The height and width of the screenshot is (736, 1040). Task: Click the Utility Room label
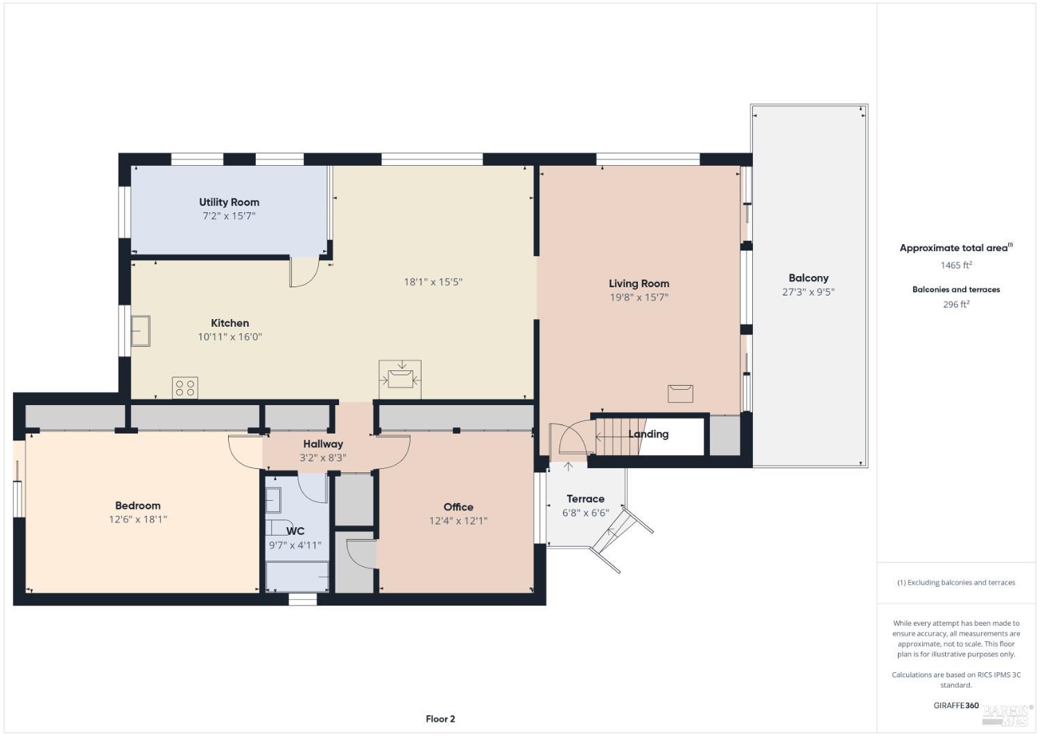[229, 202]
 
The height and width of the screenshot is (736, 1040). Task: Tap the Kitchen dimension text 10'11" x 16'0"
[229, 337]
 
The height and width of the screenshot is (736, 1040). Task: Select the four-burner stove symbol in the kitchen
[185, 388]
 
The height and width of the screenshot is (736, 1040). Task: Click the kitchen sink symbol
[141, 331]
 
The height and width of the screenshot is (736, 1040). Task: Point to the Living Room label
[639, 283]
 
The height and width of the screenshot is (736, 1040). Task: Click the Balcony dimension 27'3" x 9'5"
[808, 292]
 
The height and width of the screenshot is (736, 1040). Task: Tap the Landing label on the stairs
[648, 434]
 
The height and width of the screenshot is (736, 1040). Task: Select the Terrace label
[585, 499]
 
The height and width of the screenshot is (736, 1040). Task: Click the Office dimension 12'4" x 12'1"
[458, 521]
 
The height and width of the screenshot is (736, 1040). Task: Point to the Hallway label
[322, 444]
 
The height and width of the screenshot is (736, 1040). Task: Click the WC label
[295, 531]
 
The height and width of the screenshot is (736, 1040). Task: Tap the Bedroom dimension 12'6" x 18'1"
[138, 520]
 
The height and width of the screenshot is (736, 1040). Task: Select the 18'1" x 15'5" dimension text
[433, 282]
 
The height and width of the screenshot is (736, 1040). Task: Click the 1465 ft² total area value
[955, 265]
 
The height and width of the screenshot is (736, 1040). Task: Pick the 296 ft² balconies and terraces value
[955, 305]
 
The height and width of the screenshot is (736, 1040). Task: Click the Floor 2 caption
[440, 719]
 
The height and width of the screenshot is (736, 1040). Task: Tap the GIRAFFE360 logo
[955, 705]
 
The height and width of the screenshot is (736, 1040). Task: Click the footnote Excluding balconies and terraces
[956, 583]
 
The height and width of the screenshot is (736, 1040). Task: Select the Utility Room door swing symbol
[303, 271]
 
